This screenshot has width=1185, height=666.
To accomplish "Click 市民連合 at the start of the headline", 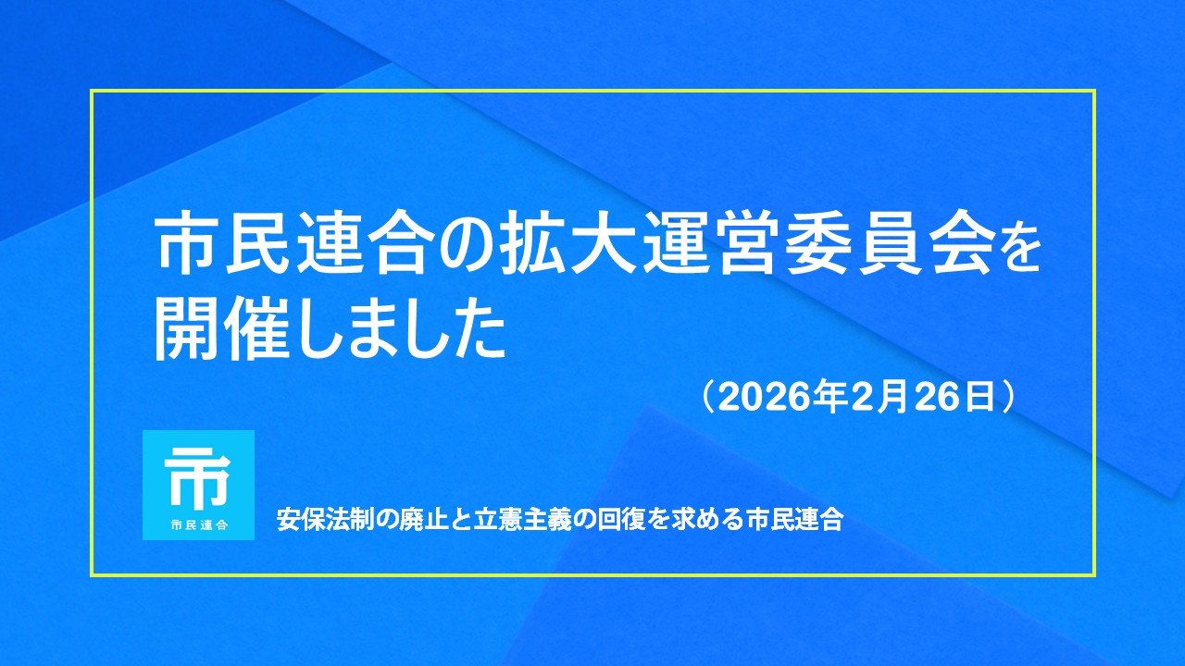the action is [x=292, y=242].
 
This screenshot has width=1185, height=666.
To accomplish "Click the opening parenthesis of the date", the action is [x=709, y=398].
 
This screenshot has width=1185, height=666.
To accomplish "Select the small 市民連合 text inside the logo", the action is [x=199, y=524].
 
